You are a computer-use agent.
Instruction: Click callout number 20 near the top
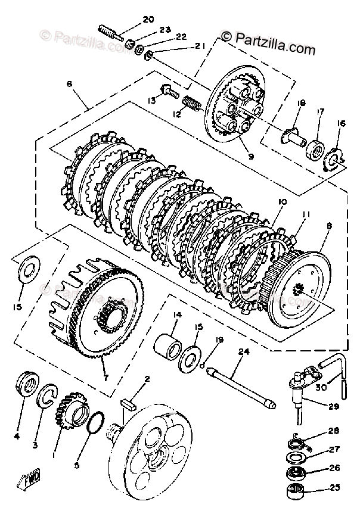[147, 19]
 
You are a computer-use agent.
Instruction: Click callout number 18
[300, 103]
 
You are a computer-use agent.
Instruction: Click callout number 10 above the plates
[281, 202]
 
